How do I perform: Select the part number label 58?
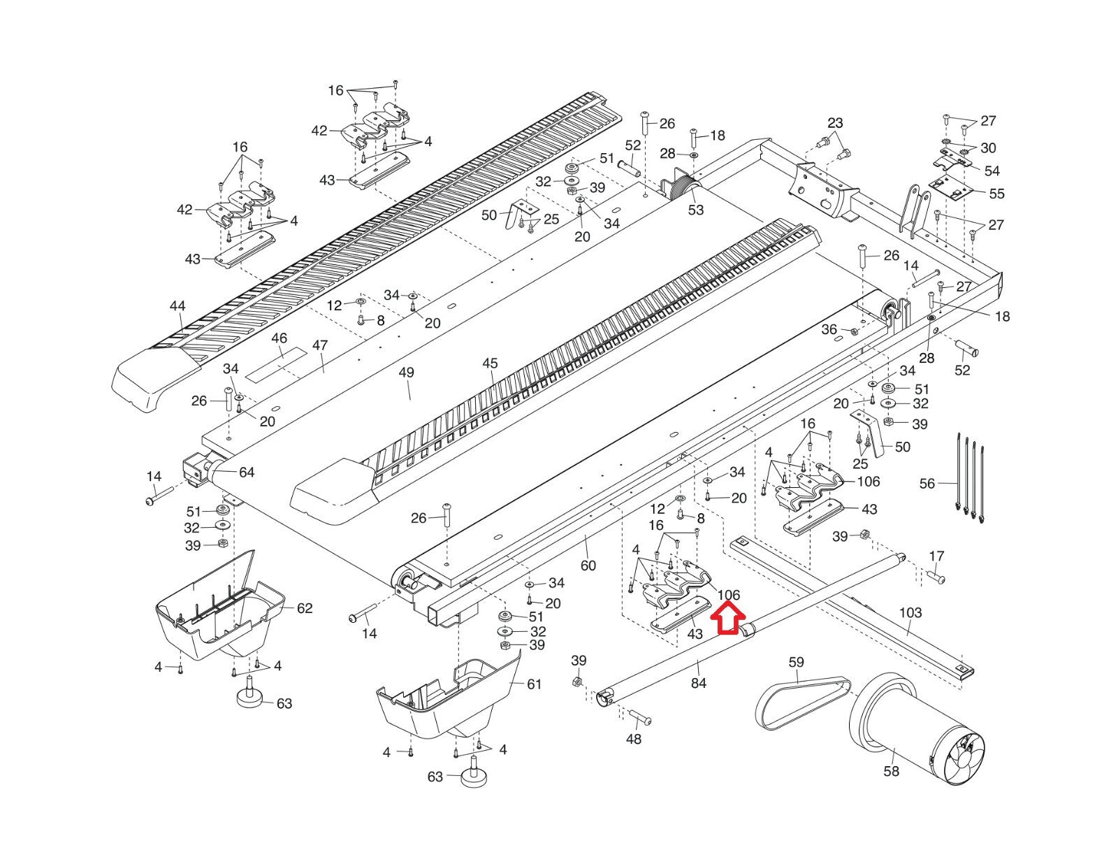[x=891, y=771]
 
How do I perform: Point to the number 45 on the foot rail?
[x=490, y=363]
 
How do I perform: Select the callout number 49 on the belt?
[x=406, y=373]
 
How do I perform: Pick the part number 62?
[x=305, y=608]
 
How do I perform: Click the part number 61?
[x=534, y=684]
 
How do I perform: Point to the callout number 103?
[x=910, y=612]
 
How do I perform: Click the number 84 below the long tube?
[x=698, y=682]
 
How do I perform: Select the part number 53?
[x=696, y=210]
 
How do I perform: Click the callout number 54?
[x=992, y=171]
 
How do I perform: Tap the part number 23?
[x=835, y=123]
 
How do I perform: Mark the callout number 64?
[x=247, y=473]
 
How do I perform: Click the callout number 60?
[x=588, y=565]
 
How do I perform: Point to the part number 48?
[x=633, y=739]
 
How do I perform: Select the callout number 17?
[x=936, y=556]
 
